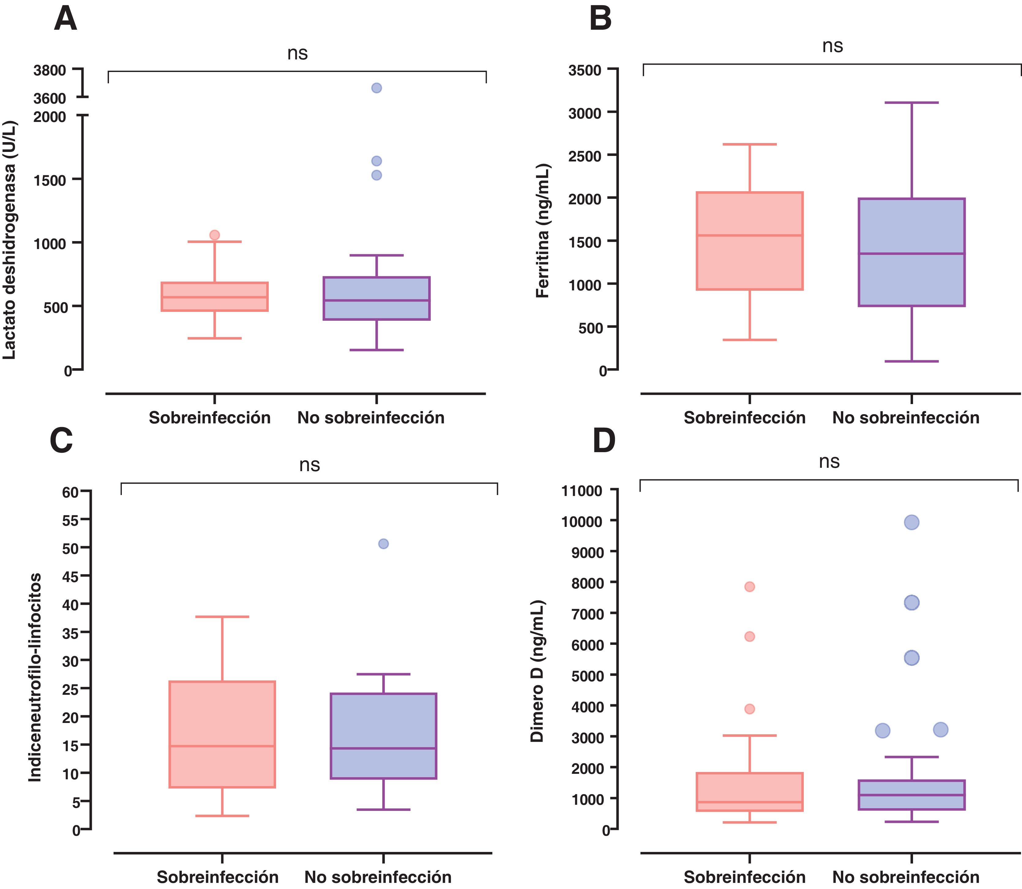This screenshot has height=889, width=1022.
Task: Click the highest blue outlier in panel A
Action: tap(376, 88)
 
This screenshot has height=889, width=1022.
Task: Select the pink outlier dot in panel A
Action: tap(215, 235)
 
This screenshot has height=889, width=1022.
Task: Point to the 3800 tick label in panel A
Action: tap(50, 70)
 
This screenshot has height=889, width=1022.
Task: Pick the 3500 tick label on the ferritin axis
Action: tap(585, 70)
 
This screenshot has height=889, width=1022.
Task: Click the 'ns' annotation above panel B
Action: tap(832, 46)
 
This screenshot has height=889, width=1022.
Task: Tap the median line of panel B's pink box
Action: tap(749, 235)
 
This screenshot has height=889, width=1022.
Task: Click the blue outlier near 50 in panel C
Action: tap(383, 544)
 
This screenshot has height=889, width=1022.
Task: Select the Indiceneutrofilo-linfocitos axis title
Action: tap(35, 678)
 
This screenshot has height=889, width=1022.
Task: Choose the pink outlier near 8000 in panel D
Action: tap(749, 586)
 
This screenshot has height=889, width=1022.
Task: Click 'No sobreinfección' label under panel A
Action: tap(371, 418)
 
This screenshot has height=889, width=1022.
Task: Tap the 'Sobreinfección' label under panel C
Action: tap(218, 877)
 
